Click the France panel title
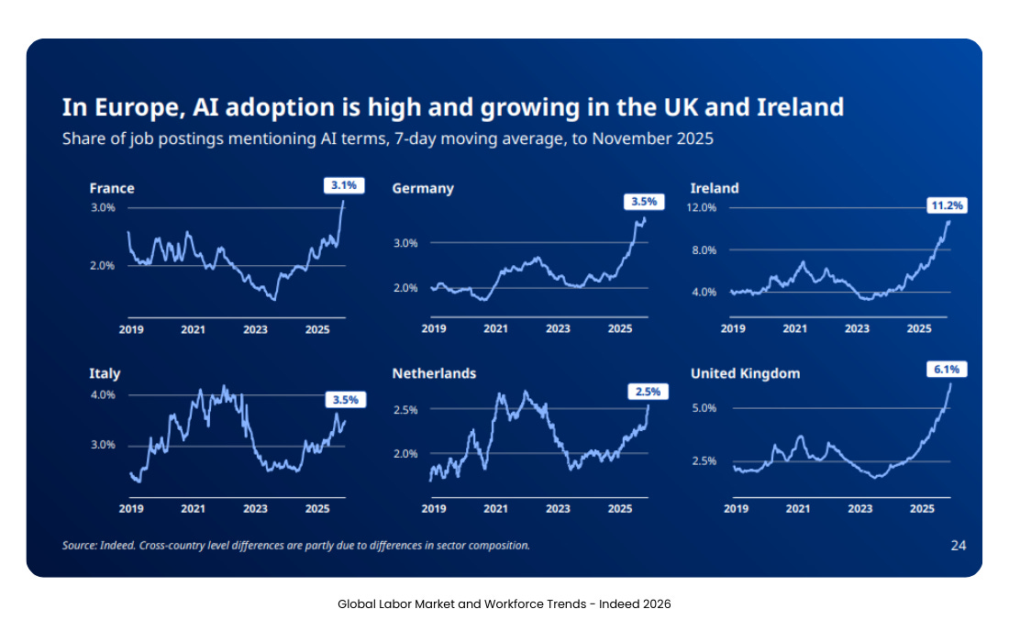[x=112, y=188]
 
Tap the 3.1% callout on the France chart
[x=344, y=185]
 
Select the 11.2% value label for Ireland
[x=948, y=205]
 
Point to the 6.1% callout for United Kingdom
[x=948, y=369]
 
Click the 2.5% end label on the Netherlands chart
[x=648, y=392]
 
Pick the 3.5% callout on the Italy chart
[x=346, y=400]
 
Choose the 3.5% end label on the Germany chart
[x=645, y=202]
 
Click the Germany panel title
[x=423, y=188]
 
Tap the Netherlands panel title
[x=434, y=373]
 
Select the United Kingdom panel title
[x=745, y=373]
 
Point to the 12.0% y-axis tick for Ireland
[x=702, y=208]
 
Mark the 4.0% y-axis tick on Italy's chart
[x=102, y=395]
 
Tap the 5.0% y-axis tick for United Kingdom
[x=704, y=408]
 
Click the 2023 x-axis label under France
[x=255, y=328]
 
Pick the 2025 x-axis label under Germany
[x=620, y=328]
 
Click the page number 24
[x=958, y=546]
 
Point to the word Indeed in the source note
[x=116, y=546]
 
